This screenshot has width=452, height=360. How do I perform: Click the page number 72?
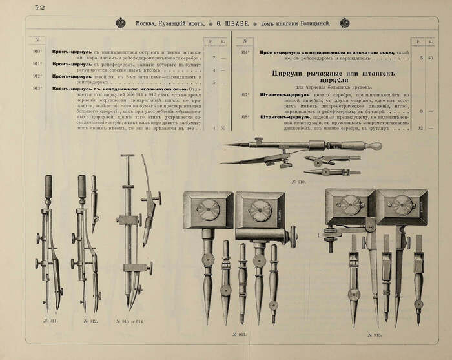pyautogui.click(x=38, y=7)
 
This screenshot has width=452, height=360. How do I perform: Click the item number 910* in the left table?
pyautogui.click(x=37, y=51)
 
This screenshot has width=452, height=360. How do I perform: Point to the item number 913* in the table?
pyautogui.click(x=37, y=87)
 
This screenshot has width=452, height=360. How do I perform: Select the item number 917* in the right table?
pyautogui.click(x=245, y=94)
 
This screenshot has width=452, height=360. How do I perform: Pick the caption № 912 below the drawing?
pyautogui.click(x=91, y=320)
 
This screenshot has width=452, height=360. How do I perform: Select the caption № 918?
pyautogui.click(x=374, y=335)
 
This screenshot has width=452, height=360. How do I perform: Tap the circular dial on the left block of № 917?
pyautogui.click(x=208, y=209)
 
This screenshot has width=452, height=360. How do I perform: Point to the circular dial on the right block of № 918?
pyautogui.click(x=403, y=205)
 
